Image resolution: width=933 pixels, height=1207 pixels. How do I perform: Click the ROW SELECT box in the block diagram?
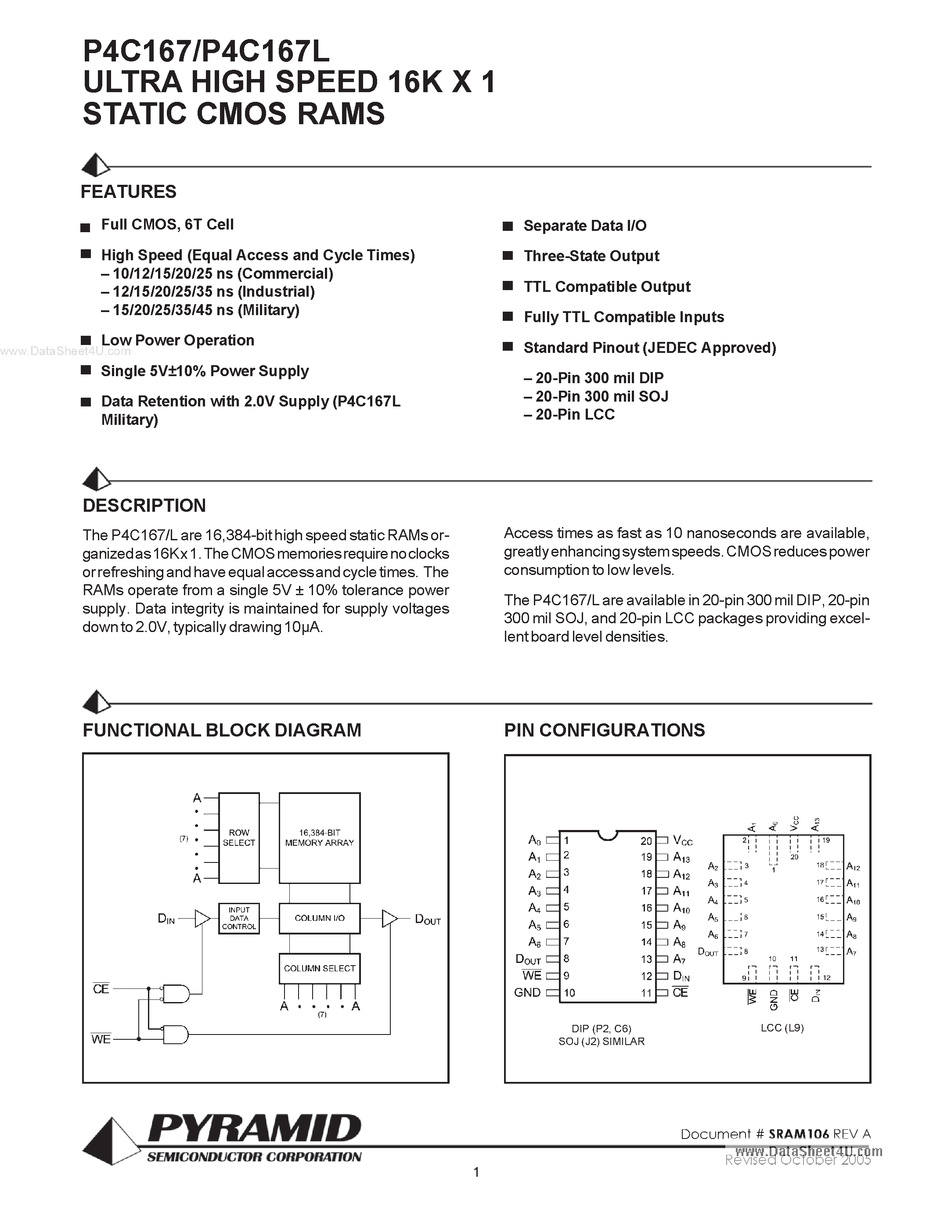(239, 838)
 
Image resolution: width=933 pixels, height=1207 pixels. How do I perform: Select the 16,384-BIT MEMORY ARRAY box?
(320, 838)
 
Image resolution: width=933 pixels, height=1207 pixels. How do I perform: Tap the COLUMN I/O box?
(320, 918)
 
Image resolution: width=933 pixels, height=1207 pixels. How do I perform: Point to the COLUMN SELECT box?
(320, 968)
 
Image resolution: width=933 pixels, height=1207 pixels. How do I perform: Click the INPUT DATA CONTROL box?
(239, 918)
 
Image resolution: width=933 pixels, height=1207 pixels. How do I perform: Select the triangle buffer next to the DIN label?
(202, 919)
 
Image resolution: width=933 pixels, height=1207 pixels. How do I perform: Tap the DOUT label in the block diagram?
(427, 920)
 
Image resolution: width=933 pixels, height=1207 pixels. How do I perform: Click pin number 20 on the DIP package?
(646, 841)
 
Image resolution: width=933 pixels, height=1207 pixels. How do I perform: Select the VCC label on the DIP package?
(683, 841)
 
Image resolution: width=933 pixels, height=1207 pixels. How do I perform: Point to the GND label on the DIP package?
(527, 992)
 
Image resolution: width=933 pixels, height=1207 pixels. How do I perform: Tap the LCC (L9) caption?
(782, 1027)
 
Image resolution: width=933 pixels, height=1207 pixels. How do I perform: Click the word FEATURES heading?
(128, 192)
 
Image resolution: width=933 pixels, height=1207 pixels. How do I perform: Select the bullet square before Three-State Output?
(508, 256)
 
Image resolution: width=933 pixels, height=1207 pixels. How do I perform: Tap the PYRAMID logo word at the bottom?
(254, 1128)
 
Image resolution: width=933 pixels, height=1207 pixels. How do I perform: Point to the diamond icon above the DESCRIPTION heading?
(96, 479)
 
